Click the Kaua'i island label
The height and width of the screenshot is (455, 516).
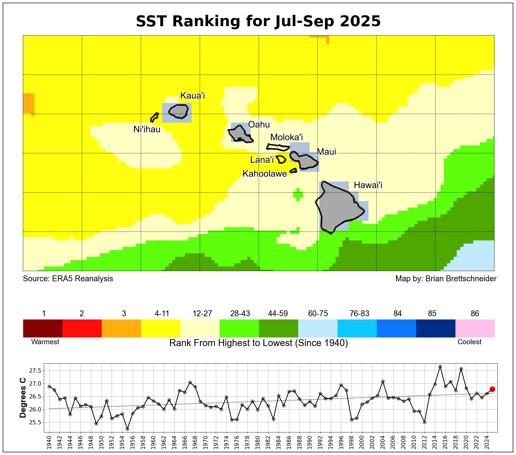192,96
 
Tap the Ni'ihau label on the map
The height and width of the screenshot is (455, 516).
147,130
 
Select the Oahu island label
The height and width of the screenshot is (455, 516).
259,125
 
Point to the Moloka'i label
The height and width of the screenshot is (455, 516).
286,137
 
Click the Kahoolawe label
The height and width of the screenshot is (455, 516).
265,174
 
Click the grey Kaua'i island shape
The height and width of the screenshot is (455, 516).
178,111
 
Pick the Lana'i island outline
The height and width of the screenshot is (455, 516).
281,159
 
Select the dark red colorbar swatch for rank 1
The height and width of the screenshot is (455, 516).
43,328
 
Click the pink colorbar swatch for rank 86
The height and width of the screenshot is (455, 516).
475,328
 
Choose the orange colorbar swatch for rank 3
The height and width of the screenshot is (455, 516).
121,328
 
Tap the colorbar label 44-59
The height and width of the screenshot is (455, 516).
278,314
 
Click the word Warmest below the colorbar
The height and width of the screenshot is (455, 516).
45,342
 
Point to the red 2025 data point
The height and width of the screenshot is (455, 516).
492,389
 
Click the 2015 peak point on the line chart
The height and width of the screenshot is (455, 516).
440,367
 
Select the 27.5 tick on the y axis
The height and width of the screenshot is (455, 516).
35,371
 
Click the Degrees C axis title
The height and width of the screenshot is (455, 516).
23,398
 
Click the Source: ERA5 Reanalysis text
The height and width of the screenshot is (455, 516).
68,279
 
